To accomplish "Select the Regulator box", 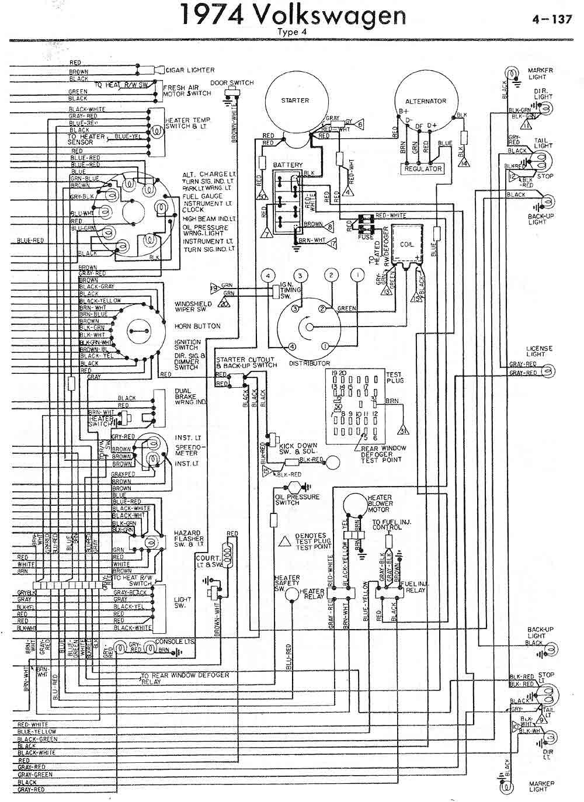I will click(x=423, y=168).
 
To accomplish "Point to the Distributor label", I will click(x=310, y=363).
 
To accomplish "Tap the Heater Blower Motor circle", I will click(x=354, y=504).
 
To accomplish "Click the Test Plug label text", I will click(x=395, y=377).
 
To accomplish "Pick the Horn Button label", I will click(x=197, y=326).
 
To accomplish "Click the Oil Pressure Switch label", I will click(x=297, y=499).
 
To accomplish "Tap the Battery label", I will click(x=288, y=165).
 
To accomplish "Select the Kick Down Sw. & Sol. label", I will click(x=298, y=449).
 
